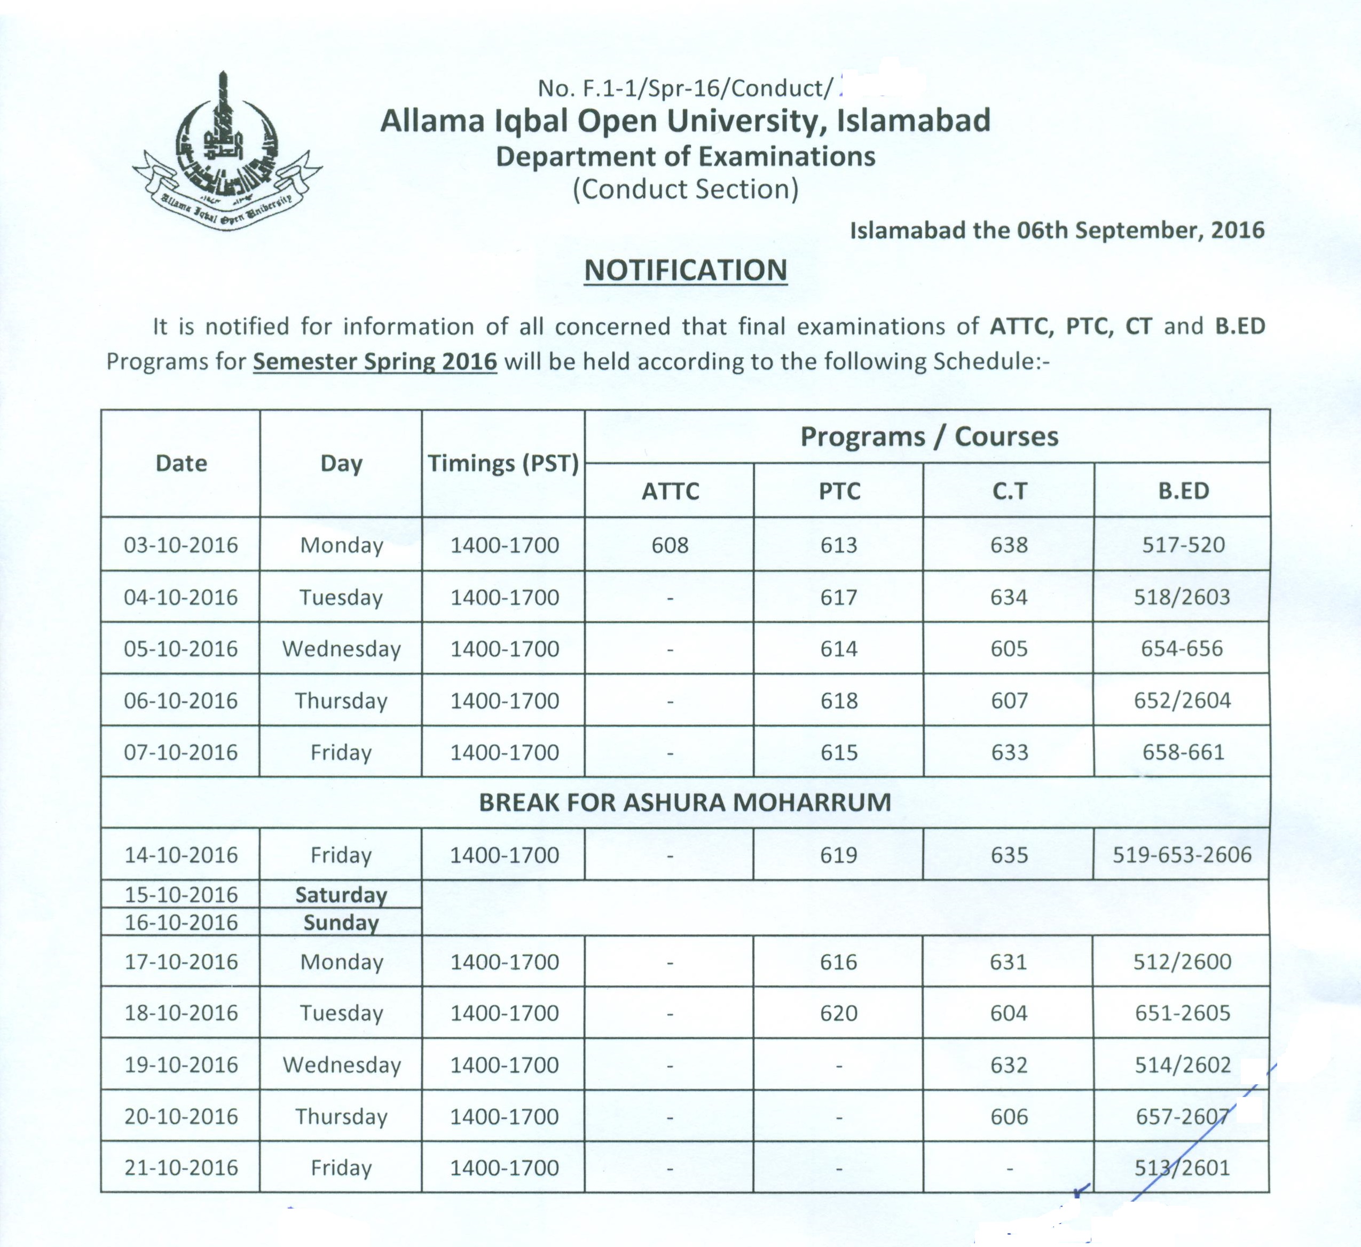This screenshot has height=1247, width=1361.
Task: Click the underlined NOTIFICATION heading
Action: coord(685,271)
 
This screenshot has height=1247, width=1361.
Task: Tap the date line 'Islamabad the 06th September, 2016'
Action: coord(1057,231)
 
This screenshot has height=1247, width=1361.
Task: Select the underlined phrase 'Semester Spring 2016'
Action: coord(375,362)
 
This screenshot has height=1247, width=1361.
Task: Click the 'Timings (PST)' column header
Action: coord(503,464)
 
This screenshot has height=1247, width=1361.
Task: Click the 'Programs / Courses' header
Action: coord(929,436)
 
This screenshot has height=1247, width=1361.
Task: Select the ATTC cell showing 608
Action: coord(670,545)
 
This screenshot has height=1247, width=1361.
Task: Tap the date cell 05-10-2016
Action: coord(181,648)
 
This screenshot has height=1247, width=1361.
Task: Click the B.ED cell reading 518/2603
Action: coord(1182,597)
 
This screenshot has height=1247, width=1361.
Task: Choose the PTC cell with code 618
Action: coord(838,701)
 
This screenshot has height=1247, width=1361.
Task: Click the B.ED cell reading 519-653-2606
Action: coord(1182,855)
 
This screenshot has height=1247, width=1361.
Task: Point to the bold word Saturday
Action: coord(341,895)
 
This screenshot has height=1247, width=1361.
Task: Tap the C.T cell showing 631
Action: coord(1009,962)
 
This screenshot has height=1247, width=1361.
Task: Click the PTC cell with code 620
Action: coord(838,1013)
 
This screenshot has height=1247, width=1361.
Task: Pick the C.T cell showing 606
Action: coord(1009,1117)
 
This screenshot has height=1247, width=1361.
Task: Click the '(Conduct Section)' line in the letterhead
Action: coord(685,189)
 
